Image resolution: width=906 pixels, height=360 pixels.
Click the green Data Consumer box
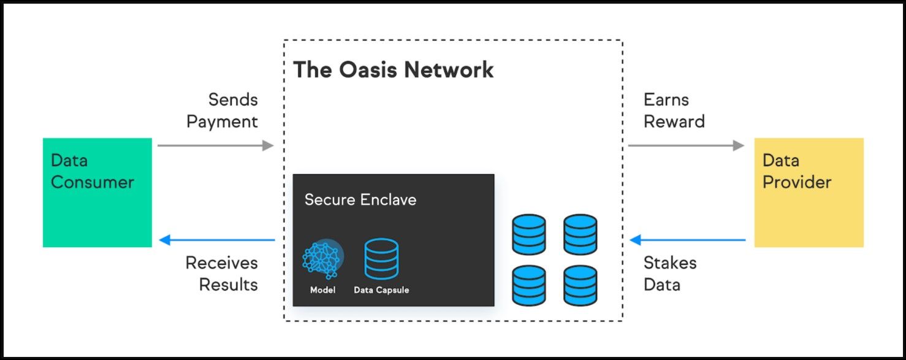pyautogui.click(x=97, y=193)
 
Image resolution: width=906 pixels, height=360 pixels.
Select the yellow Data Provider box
pyautogui.click(x=809, y=193)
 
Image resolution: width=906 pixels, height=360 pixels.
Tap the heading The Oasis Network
pyautogui.click(x=393, y=70)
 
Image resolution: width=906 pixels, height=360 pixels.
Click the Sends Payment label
pyautogui.click(x=223, y=110)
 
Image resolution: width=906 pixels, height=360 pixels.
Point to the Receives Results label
pyautogui.click(x=221, y=274)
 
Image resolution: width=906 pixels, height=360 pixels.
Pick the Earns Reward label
pyautogui.click(x=674, y=110)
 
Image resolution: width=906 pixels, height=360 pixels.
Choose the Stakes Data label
pyautogui.click(x=669, y=274)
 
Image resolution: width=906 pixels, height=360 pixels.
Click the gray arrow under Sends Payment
pyautogui.click(x=215, y=145)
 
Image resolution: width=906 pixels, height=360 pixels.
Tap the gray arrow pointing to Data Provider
pyautogui.click(x=686, y=145)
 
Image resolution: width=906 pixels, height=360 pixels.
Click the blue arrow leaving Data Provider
pyautogui.click(x=687, y=240)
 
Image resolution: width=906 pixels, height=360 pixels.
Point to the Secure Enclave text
pyautogui.click(x=360, y=199)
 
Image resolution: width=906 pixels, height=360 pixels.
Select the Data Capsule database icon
pyautogui.click(x=381, y=259)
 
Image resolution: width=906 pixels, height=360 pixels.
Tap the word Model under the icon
pyautogui.click(x=322, y=290)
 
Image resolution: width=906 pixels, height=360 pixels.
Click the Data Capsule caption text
pyautogui.click(x=381, y=290)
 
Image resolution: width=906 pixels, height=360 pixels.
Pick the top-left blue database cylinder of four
pyautogui.click(x=528, y=234)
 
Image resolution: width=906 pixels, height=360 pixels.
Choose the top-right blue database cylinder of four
pyautogui.click(x=580, y=234)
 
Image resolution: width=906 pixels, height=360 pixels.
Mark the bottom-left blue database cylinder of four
pyautogui.click(x=528, y=285)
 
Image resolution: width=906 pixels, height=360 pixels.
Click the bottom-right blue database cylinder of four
pyautogui.click(x=580, y=285)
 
